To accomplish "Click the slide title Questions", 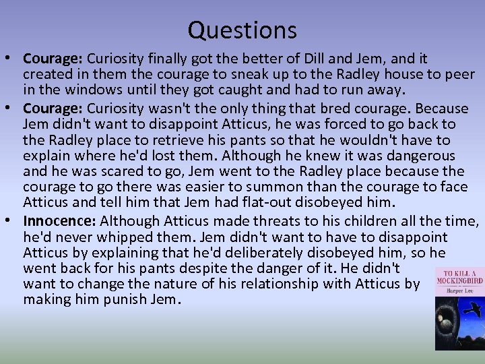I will click(x=242, y=30).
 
